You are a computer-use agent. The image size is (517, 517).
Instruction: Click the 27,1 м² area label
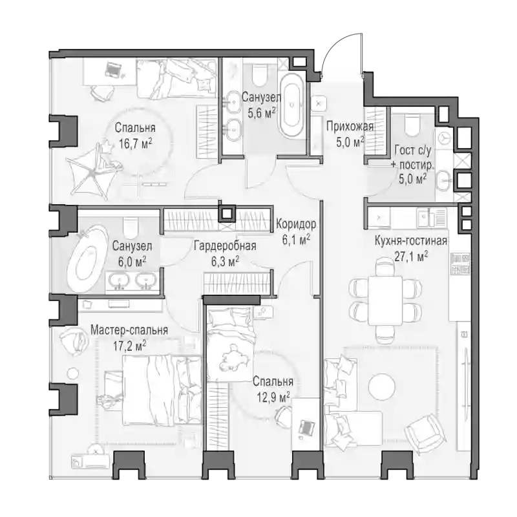click(x=411, y=256)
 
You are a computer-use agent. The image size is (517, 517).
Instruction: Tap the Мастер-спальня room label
click(x=129, y=330)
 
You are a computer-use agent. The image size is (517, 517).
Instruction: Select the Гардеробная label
click(x=225, y=246)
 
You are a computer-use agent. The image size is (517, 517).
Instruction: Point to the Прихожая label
click(x=350, y=126)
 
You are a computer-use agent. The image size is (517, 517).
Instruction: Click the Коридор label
click(x=296, y=224)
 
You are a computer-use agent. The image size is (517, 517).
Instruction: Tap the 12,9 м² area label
click(x=273, y=397)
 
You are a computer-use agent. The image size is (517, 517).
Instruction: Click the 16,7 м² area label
click(x=136, y=143)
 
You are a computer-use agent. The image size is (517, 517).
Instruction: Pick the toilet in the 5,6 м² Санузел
click(x=260, y=74)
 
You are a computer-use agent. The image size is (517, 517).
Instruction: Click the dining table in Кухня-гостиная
click(x=385, y=301)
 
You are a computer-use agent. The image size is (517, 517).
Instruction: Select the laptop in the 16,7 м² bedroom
click(x=113, y=70)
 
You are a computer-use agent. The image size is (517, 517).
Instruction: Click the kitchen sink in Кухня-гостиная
click(x=423, y=218)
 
